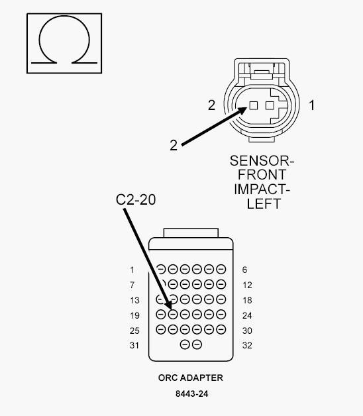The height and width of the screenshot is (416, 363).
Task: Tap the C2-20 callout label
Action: coord(136,199)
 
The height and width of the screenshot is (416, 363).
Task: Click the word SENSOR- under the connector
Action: coord(262,161)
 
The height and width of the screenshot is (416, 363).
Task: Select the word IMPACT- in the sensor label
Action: coord(262,189)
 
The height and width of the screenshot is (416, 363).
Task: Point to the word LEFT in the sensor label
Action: coord(264,203)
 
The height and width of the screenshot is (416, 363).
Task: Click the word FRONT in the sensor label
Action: coord(262,175)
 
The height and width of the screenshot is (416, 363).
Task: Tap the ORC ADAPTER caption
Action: coord(191,378)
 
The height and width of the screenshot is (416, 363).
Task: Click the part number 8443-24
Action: coord(192,393)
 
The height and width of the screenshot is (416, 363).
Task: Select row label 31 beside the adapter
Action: coord(134,345)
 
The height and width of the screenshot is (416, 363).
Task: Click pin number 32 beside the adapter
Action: coord(247,345)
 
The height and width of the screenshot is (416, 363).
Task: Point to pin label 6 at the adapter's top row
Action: coord(244,270)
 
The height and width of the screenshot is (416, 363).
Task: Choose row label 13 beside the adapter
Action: coord(134,300)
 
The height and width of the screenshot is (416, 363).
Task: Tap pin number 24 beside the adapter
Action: coord(247,315)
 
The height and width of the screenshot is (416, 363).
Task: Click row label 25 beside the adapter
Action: coord(134,331)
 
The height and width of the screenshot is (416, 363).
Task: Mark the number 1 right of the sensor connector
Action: coord(312,105)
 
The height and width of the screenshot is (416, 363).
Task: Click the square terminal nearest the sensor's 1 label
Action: coord(270,105)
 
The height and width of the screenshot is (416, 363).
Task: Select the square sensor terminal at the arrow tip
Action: coord(254,105)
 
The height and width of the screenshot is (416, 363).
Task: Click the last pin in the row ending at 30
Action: coord(221,329)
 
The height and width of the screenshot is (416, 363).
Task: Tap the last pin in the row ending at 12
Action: coord(221,284)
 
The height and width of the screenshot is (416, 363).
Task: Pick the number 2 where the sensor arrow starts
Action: coord(174,145)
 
